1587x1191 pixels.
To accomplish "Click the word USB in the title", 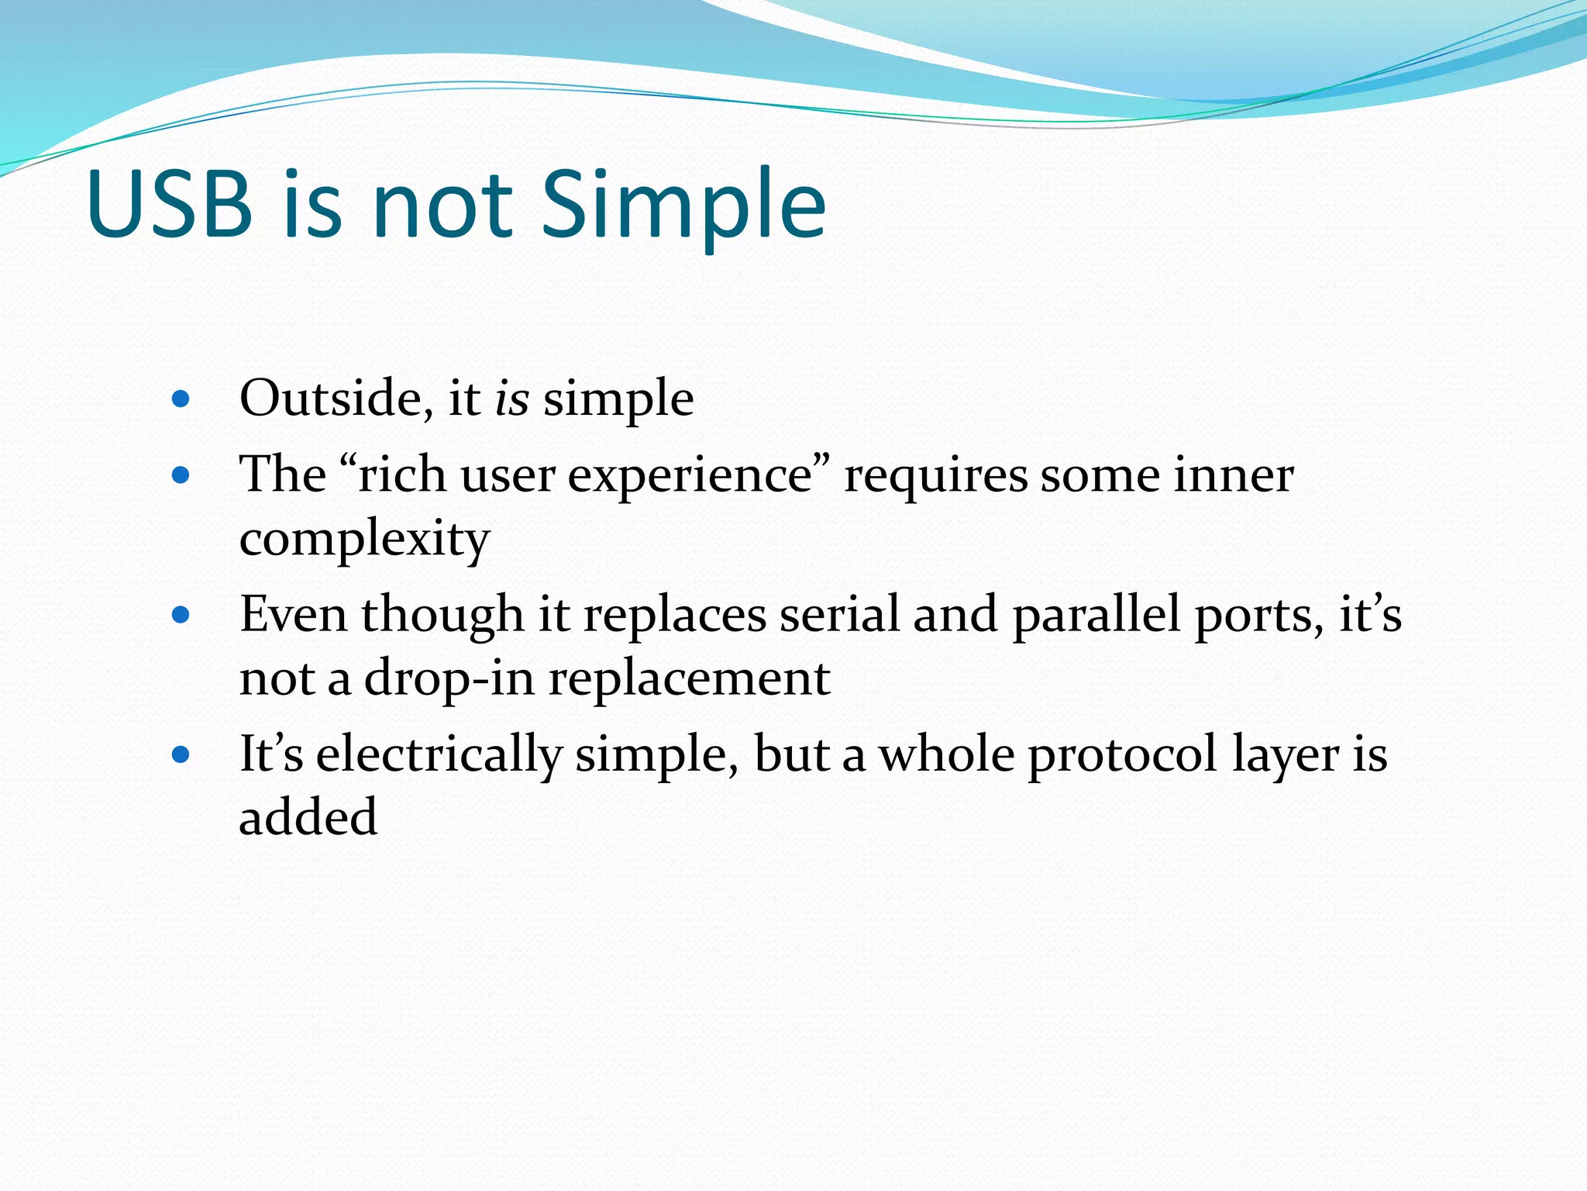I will (170, 204).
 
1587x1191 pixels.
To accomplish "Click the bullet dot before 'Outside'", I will (181, 399).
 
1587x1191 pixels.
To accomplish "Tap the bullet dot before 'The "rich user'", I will (181, 475).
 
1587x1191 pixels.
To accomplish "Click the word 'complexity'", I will (364, 539).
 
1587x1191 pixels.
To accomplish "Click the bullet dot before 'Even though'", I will (181, 616).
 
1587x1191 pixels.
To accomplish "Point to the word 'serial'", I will (839, 614).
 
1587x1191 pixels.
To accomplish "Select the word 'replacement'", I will (690, 678).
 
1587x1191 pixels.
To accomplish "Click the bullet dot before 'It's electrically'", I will (181, 754).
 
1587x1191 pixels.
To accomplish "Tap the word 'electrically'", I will (439, 754).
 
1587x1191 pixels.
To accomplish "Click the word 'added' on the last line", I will (308, 817).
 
